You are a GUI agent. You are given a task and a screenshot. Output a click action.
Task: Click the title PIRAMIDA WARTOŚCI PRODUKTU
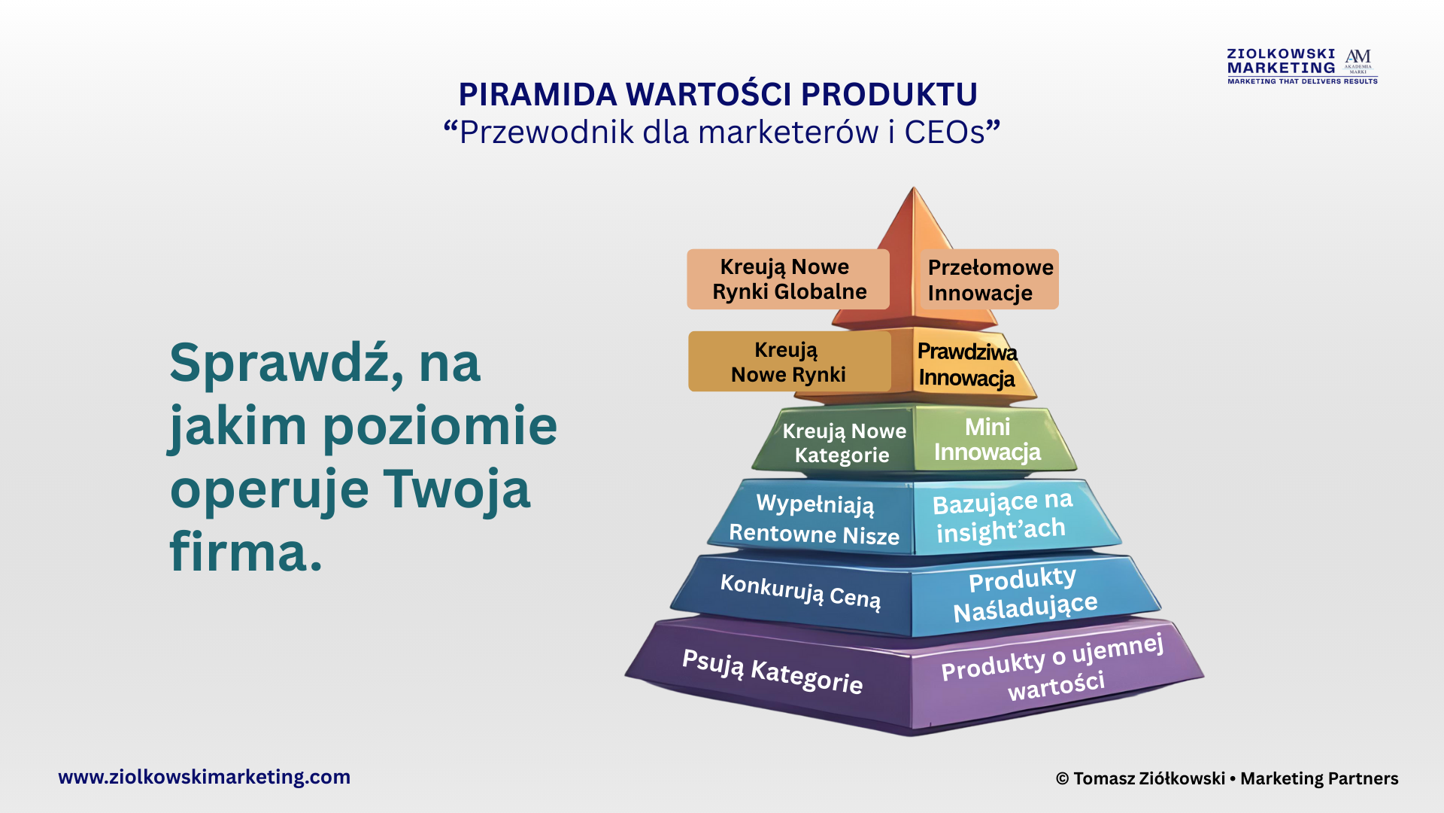(718, 94)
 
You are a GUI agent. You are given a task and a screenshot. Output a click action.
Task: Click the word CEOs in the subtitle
(945, 132)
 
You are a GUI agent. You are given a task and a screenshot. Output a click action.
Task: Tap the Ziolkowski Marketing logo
(1302, 66)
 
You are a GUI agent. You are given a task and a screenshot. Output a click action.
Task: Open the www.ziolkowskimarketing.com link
(205, 777)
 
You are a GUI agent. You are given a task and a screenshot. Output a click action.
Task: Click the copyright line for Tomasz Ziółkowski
(1227, 778)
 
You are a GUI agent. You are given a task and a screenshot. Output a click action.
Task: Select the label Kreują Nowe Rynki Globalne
(788, 279)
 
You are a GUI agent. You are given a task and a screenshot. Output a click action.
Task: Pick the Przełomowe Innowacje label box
(990, 279)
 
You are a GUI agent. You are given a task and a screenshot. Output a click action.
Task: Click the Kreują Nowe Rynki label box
(789, 361)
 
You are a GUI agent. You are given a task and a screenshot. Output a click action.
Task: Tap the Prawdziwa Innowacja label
(967, 364)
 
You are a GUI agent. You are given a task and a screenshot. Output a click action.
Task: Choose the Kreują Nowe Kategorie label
(844, 443)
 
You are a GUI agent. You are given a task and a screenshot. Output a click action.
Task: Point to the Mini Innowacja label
(987, 440)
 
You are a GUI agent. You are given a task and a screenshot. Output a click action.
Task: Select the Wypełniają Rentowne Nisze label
(815, 519)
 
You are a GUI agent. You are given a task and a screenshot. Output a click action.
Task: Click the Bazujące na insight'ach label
(1002, 516)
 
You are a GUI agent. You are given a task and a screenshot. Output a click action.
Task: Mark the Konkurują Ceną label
(800, 591)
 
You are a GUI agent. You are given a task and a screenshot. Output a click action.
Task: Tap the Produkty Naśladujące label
(1024, 594)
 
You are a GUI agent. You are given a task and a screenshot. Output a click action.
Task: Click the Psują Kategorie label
(772, 671)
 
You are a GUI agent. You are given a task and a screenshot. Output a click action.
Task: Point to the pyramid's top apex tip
(914, 187)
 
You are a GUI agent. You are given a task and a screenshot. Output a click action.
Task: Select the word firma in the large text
(246, 552)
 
